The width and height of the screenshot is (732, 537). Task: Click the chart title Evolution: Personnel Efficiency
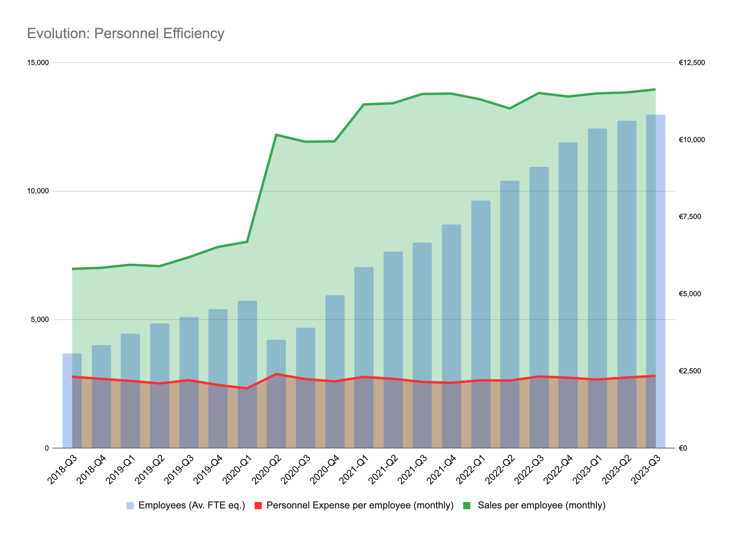[125, 34]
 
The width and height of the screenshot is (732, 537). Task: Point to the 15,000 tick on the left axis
[38, 63]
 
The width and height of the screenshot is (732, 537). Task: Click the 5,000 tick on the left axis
[39, 320]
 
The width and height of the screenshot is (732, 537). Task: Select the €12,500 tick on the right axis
[692, 63]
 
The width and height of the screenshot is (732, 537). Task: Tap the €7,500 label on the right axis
[690, 217]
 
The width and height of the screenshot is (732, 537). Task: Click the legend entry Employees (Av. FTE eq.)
[192, 506]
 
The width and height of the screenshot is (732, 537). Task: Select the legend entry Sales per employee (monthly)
[541, 506]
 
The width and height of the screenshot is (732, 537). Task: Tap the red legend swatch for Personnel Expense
[258, 506]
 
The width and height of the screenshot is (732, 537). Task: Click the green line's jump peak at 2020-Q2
[276, 135]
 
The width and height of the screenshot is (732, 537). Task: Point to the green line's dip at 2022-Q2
[510, 108]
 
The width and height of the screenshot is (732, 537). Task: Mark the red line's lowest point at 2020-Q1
[247, 388]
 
